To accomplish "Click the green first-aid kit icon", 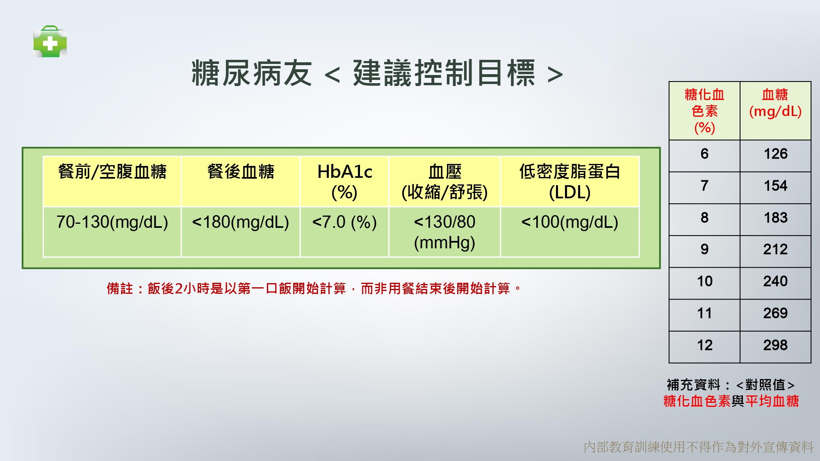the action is [x=50, y=41].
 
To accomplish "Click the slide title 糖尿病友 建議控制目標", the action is [x=377, y=73].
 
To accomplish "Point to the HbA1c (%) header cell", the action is [x=344, y=182].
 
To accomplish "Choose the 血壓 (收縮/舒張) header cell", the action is [x=444, y=182].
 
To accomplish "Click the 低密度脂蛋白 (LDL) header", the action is [x=569, y=182].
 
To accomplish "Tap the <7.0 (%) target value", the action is [x=344, y=222].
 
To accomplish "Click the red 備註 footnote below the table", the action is [x=314, y=288].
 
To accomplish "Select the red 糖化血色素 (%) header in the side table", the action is [x=704, y=111].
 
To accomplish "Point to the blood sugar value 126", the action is [x=775, y=154].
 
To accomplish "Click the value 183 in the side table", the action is [x=775, y=218].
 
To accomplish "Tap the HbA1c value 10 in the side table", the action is [x=704, y=281].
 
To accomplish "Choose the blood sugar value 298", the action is [x=775, y=345].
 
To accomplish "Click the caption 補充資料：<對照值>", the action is [x=731, y=385].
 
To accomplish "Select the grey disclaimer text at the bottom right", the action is [x=699, y=447].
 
